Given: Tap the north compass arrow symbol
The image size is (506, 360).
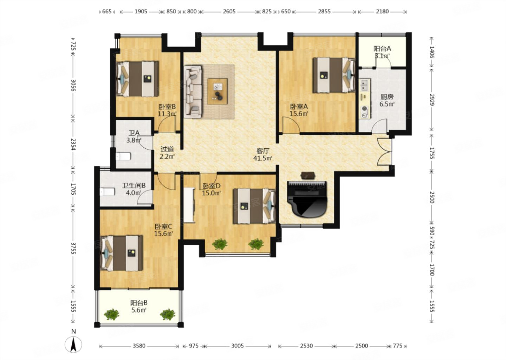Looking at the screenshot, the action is pyautogui.click(x=73, y=345).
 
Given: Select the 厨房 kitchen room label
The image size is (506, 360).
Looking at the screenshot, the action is pyautogui.click(x=387, y=97).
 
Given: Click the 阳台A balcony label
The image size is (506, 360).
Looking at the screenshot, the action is pyautogui.click(x=382, y=49).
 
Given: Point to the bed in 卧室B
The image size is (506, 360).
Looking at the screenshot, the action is pyautogui.click(x=137, y=79).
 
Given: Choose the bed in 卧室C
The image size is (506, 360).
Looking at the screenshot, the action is pyautogui.click(x=122, y=253).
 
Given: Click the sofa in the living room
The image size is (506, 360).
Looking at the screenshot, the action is pyautogui.click(x=193, y=91).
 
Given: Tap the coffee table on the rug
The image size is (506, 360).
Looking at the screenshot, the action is pyautogui.click(x=218, y=91).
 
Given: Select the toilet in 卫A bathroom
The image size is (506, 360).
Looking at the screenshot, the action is pyautogui.click(x=123, y=156).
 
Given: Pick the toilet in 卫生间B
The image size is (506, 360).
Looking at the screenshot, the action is pyautogui.click(x=108, y=192).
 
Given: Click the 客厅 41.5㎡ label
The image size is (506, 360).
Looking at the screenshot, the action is pyautogui.click(x=263, y=154).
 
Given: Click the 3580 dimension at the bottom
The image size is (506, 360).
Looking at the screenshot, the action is pyautogui.click(x=139, y=346).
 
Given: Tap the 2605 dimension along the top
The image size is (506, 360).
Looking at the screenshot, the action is pyautogui.click(x=229, y=11).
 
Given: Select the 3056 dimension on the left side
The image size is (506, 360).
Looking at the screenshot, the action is pyautogui.click(x=73, y=85).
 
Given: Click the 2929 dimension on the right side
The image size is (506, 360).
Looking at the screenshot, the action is pyautogui.click(x=432, y=99).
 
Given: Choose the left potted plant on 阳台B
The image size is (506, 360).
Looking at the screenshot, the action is pyautogui.click(x=112, y=314).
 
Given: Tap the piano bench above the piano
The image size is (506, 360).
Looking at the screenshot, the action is pyautogui.click(x=308, y=175).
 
